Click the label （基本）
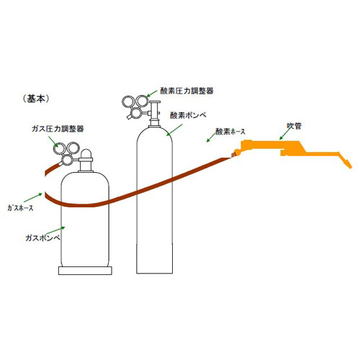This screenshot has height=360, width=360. point(36,99)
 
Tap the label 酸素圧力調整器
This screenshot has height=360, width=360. point(186,91)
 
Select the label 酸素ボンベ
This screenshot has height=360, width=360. point(188,115)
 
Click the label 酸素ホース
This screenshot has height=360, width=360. point(230,131)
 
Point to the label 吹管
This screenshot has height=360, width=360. point(294,126)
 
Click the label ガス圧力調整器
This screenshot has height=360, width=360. point(58,129)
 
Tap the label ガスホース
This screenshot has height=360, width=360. point(20,208)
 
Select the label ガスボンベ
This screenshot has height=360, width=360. point(42,238)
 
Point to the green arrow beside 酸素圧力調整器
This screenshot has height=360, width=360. point(152,94)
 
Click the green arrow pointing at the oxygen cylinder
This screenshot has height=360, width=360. point(174,130)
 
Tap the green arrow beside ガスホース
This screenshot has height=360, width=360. point(33,197)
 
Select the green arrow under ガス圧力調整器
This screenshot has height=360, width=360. point(53,142)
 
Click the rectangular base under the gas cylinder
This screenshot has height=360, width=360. point(85,271)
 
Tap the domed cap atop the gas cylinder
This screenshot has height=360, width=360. point(86,153)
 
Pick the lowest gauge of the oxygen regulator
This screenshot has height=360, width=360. point(137,112)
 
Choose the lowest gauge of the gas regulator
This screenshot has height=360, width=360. point(68,160)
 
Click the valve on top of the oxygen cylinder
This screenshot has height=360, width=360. point(155,114)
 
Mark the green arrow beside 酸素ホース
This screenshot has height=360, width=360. point(211,137)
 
